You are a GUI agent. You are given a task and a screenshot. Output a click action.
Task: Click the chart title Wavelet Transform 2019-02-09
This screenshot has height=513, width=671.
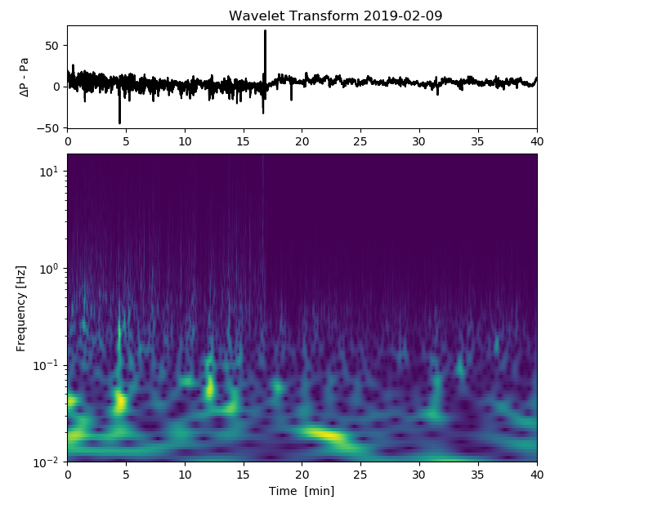pos(335,16)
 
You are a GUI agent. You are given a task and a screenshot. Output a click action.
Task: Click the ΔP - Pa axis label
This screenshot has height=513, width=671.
pos(25,77)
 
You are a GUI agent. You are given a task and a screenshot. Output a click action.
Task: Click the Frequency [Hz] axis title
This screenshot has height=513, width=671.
pos(21,307)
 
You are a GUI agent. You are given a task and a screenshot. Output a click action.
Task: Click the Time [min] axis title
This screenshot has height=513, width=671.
pos(302,491)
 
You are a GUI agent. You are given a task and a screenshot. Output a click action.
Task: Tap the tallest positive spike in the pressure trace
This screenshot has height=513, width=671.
pos(265,32)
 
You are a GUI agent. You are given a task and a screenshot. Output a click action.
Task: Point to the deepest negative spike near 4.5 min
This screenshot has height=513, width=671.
pos(119,122)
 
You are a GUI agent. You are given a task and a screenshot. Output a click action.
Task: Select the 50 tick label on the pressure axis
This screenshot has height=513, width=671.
pos(52,46)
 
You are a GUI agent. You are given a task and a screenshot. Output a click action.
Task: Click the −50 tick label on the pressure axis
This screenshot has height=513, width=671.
pos(49,128)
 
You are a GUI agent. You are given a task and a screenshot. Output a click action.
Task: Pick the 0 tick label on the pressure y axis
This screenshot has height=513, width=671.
pos(56,87)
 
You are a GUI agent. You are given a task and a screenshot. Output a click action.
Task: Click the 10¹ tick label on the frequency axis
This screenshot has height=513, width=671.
pos(51,171)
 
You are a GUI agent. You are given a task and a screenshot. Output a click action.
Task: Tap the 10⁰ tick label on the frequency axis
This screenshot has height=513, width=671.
pos(51,268)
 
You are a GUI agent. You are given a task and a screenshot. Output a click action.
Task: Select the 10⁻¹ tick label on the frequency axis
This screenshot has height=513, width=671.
pos(49,365)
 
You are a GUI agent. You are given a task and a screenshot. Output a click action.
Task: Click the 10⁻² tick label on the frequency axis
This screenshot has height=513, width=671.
pos(49,462)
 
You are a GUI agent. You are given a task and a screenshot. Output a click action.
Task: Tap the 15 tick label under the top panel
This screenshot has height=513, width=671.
pos(244,141)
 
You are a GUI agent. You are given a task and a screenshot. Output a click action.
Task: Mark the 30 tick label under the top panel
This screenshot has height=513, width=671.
pos(419,141)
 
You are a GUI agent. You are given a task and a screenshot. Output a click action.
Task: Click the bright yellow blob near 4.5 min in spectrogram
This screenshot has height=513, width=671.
pos(122,401)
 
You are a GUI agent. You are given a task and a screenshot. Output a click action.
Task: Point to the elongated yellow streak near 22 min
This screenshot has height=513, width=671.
pos(324,435)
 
